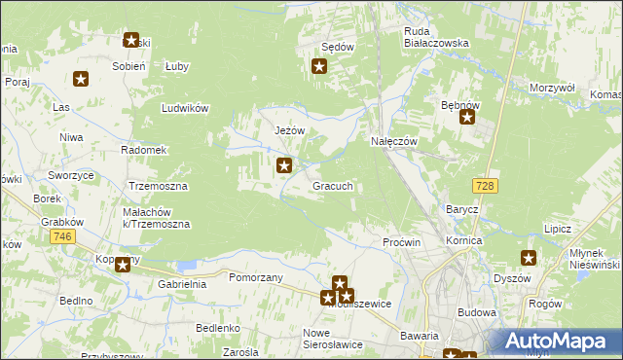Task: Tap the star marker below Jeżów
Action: point(284,166)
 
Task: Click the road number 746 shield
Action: point(64,236)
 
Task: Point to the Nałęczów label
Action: point(394,141)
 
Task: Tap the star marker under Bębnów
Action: point(467,120)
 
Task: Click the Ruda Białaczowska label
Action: point(437,36)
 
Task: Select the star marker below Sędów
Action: point(318,67)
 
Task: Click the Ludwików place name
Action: point(187,108)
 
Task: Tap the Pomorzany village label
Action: point(255,277)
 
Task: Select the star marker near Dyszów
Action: point(529,258)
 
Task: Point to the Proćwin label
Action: point(401,241)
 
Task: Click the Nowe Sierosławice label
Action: point(331,337)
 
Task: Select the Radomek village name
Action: point(144,150)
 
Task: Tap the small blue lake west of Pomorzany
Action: point(186,264)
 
